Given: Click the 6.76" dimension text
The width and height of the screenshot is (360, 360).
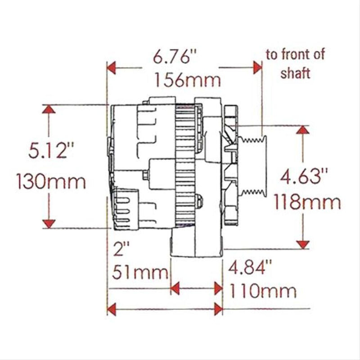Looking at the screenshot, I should [x=175, y=58].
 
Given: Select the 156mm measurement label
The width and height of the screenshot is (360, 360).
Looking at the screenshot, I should [x=188, y=81].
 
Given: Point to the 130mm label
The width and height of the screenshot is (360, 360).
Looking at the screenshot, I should [x=50, y=182].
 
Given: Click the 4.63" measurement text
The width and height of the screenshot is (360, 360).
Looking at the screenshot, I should [x=302, y=173].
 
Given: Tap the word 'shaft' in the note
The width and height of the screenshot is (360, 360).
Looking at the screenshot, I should [x=295, y=73].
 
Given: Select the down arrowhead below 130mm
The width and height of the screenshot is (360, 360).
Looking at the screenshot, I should [x=49, y=223].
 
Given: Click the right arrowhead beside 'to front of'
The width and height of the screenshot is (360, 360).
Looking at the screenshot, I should [x=257, y=68].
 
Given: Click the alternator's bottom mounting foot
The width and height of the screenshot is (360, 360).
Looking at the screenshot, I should [x=197, y=245].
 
